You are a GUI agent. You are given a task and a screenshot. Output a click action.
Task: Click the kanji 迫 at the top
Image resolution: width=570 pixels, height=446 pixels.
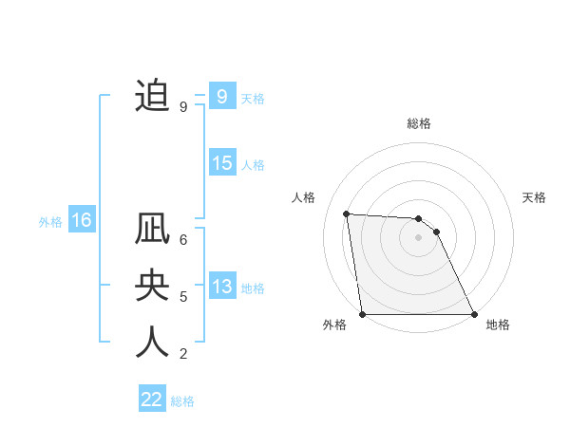152,96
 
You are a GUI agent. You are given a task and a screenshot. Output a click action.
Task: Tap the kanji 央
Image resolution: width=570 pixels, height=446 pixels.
152,287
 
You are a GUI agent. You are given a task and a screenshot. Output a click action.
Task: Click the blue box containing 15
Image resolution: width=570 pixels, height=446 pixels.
221,163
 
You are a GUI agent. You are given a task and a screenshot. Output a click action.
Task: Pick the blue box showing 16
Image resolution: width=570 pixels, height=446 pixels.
82,221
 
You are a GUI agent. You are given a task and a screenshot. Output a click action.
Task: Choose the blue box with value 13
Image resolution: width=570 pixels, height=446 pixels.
221,287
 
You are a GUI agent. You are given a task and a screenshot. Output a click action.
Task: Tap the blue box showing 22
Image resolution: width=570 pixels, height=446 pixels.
152,400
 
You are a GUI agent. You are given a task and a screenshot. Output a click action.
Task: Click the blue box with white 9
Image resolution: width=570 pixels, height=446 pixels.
221,97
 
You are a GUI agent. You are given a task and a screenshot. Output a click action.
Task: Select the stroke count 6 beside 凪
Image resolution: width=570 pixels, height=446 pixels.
183,240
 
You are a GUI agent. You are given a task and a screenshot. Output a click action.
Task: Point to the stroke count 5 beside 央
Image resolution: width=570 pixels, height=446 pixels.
183,297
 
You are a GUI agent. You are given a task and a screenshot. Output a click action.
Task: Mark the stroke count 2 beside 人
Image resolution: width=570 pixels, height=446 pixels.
183,354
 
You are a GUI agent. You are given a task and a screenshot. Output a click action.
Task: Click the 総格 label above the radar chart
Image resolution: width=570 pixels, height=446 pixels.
419,123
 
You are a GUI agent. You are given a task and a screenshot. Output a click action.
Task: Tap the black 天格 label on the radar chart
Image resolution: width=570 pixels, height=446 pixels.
535,197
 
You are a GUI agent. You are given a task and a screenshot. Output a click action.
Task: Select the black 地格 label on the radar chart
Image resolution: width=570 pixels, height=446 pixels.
498,325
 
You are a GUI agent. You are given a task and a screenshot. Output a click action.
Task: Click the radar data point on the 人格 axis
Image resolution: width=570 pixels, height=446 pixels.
347,214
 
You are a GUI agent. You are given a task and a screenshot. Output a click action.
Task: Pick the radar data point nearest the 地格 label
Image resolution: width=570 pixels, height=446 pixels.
474,314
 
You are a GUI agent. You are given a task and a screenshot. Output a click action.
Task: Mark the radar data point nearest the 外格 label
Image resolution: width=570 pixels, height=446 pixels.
363,314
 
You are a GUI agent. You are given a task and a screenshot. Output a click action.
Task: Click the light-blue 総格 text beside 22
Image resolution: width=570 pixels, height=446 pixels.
182,401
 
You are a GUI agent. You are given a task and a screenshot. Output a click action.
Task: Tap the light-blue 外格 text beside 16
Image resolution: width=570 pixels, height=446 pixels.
50,222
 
